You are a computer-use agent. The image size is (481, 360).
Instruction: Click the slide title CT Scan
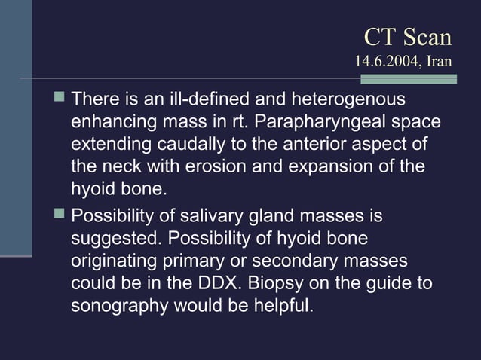[407, 37]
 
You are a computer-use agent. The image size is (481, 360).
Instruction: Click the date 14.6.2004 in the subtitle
[387, 60]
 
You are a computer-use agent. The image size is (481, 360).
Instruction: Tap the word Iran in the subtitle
[439, 60]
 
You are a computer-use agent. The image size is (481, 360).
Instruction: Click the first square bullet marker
[59, 99]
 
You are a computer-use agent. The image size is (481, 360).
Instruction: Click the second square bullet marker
[59, 216]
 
